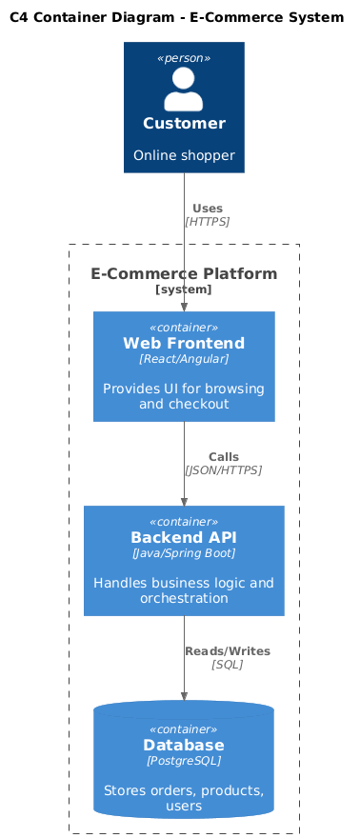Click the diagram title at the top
[177, 18]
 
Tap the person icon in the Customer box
[184, 89]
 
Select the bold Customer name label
[184, 124]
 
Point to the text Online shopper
[184, 155]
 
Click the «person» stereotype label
[184, 58]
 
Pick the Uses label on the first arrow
[208, 209]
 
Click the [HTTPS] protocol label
[208, 221]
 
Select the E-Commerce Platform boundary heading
[184, 273]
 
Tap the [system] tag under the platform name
[184, 289]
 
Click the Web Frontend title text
[184, 343]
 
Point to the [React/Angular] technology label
[184, 359]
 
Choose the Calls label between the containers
[224, 457]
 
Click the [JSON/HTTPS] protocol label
[223, 470]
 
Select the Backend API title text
[184, 537]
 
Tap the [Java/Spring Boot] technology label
[184, 552]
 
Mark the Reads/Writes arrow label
[228, 651]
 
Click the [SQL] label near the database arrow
[228, 665]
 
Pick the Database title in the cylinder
[184, 745]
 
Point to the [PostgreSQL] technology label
[184, 761]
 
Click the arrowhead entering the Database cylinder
[184, 696]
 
